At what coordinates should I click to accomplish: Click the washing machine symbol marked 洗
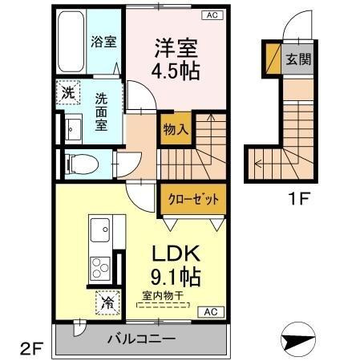coord(68,91)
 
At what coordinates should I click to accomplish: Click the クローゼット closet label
coord(192,197)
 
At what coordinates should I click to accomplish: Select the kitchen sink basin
coord(101,230)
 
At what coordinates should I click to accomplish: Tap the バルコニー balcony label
coord(142,339)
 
